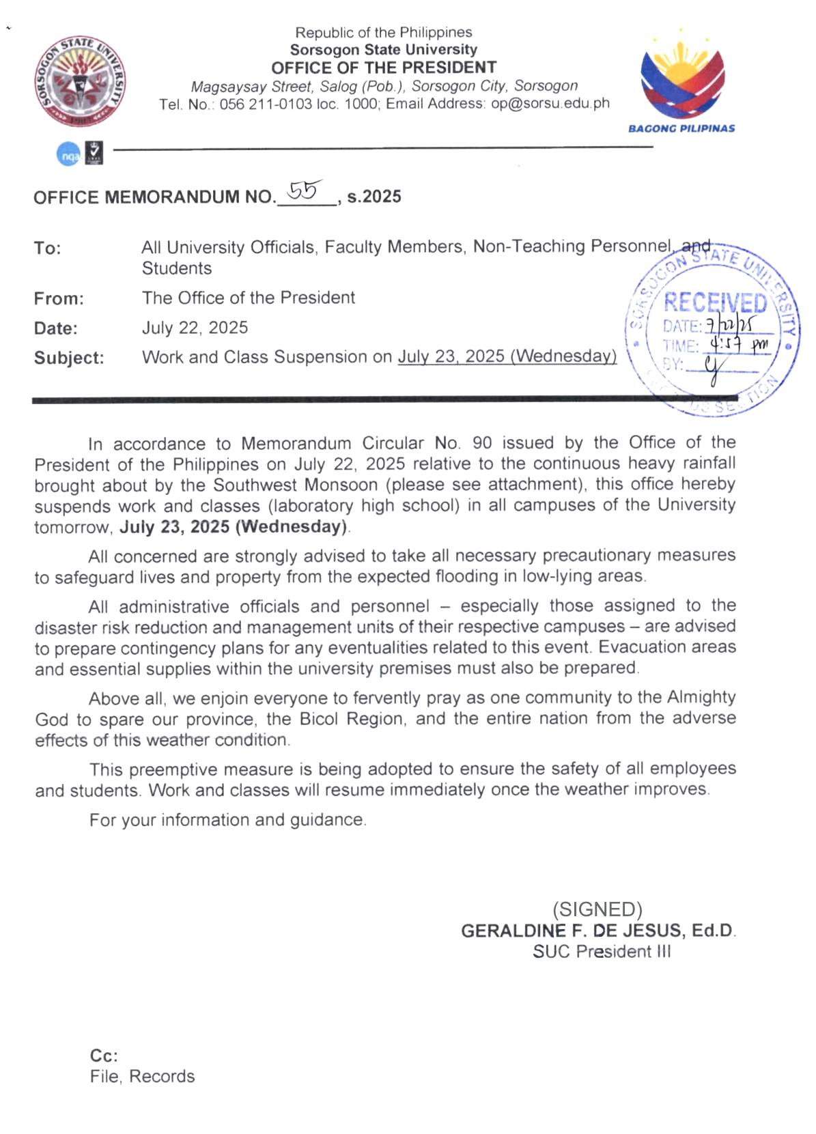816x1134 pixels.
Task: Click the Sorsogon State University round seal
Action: point(81,81)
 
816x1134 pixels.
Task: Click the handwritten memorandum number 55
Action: point(305,191)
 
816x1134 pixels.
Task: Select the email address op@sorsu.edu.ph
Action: point(550,104)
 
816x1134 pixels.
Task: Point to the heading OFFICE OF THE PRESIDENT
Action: point(384,68)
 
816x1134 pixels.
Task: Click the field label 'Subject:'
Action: point(69,358)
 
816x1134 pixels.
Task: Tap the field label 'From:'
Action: point(59,298)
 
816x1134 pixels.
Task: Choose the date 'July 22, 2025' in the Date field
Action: point(195,328)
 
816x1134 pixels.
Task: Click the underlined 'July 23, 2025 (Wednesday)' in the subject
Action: point(507,356)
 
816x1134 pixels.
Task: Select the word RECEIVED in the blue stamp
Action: point(715,302)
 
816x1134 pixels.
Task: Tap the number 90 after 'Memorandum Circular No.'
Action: point(482,442)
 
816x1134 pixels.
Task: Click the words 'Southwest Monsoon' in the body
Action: point(295,485)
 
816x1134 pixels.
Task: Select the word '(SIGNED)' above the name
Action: point(597,909)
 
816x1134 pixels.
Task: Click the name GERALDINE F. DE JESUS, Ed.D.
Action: point(597,931)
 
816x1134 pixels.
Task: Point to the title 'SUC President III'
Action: point(602,952)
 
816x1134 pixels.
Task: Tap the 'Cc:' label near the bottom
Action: point(104,1055)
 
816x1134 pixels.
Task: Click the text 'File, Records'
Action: point(142,1077)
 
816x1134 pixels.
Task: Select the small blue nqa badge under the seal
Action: point(68,155)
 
